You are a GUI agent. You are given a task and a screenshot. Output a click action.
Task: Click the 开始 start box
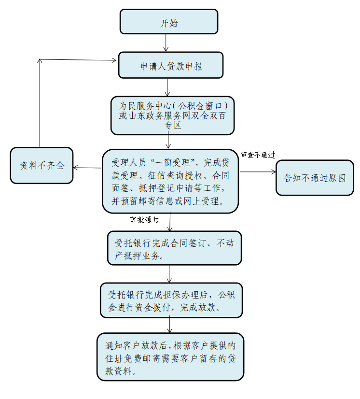169,22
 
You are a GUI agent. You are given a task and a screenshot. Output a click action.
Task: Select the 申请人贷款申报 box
171,65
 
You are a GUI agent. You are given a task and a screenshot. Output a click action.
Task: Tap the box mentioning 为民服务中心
172,115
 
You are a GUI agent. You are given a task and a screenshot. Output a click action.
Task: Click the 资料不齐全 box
42,165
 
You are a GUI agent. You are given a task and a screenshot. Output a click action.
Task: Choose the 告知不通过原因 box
315,177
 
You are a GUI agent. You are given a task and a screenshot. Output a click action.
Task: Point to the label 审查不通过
258,155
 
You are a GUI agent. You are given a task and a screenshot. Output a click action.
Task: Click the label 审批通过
145,220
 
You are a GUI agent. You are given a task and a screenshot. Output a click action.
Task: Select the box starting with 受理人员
170,181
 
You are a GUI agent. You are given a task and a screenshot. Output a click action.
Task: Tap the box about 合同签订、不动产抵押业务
174,248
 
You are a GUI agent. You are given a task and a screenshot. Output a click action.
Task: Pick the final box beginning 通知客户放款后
170,356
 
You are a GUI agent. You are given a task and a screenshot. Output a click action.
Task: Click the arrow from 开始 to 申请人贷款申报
166,43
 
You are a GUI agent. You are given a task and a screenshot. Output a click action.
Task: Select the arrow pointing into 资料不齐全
87,168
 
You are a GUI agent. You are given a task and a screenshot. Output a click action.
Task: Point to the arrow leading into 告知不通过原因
258,171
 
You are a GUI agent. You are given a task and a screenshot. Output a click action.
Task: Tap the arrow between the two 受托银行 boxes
169,274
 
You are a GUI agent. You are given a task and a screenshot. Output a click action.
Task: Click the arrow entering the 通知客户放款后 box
170,325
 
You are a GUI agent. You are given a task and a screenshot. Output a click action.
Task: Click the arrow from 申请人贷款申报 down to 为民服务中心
167,87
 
